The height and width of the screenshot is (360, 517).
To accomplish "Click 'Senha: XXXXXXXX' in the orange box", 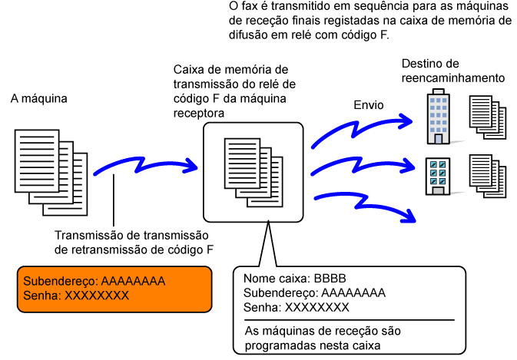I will (76, 295).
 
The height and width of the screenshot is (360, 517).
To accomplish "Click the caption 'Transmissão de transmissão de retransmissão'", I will (135, 242).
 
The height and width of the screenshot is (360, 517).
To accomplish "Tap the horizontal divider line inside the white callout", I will (349, 319).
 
